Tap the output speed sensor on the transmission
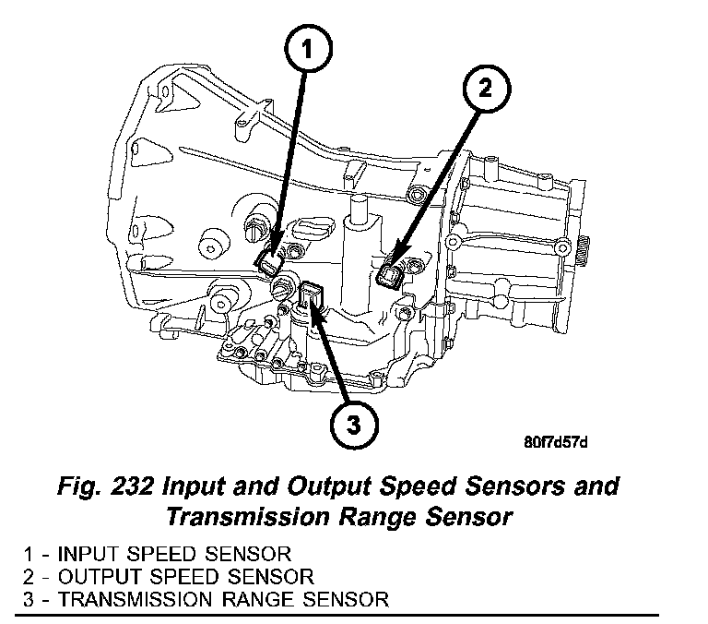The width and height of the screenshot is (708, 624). tap(391, 274)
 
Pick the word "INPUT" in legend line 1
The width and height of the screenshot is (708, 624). tap(85, 554)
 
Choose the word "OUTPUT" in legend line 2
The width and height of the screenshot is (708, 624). tap(100, 576)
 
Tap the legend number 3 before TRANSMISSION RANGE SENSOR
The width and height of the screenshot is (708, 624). tap(29, 598)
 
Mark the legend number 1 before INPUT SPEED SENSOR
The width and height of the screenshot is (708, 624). tap(29, 554)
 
